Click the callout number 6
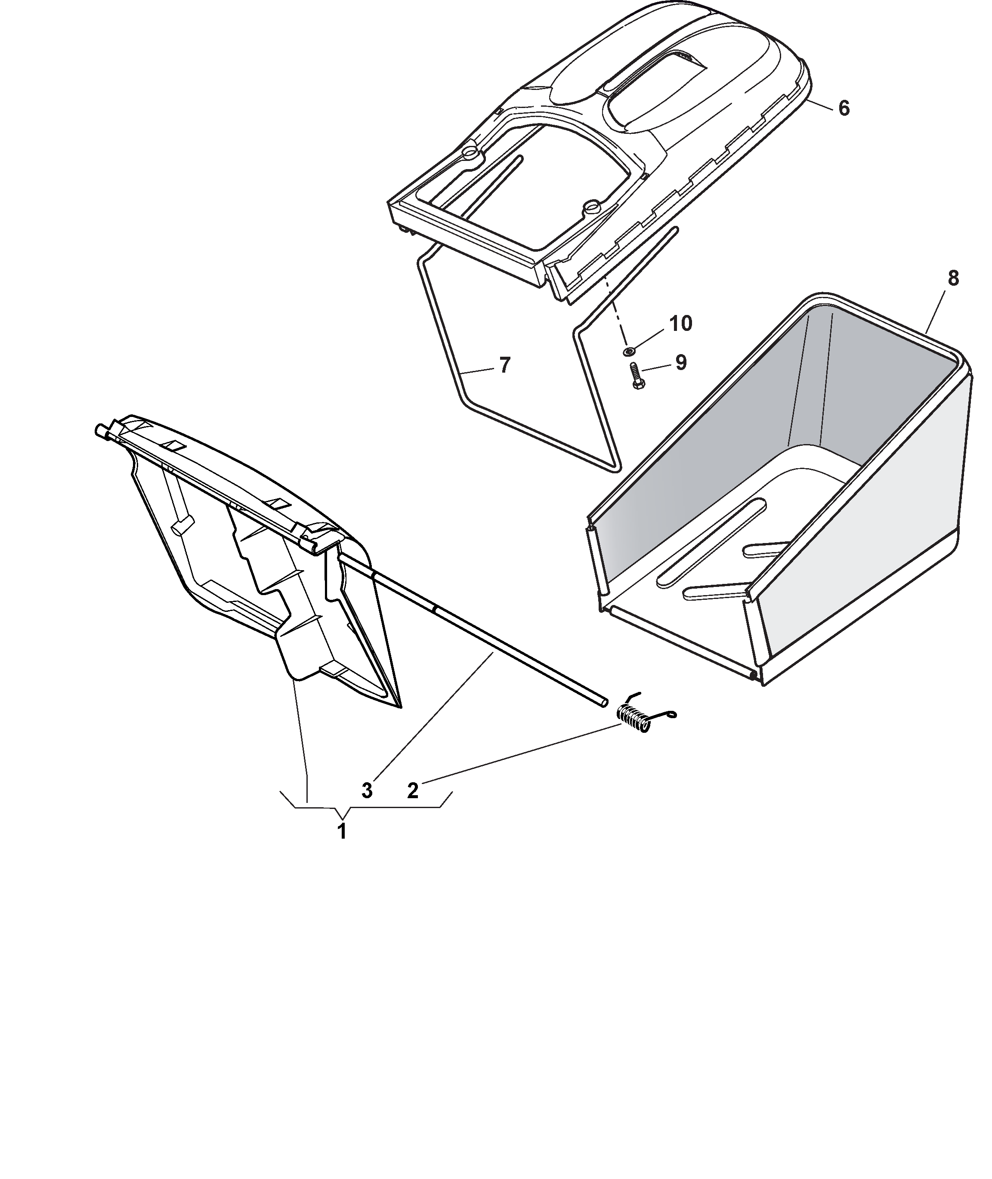[844, 108]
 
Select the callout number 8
[954, 279]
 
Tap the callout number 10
[680, 324]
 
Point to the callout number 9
[680, 363]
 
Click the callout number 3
[367, 791]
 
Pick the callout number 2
[413, 791]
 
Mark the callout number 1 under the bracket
[341, 831]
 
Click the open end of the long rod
[603, 702]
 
